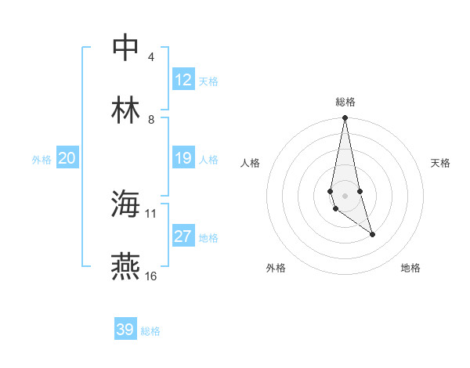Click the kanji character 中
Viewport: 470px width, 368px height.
127,47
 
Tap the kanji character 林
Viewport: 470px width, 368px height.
127,110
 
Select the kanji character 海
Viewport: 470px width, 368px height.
127,204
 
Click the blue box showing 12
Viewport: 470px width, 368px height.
183,80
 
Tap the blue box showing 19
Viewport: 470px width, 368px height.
183,158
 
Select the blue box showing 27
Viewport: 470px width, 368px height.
183,236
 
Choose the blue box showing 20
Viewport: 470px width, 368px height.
67,158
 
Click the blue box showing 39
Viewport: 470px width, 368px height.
125,330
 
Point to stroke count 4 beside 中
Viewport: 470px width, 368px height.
150,57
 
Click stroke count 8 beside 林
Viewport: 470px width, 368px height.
150,120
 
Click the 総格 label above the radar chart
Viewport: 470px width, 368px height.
345,102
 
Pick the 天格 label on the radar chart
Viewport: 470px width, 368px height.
440,163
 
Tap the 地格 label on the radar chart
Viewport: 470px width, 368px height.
410,268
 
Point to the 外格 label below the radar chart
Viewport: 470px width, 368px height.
276,268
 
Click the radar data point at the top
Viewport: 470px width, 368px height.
345,118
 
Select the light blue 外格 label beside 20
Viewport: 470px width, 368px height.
42,159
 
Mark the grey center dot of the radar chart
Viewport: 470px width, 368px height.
345,196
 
